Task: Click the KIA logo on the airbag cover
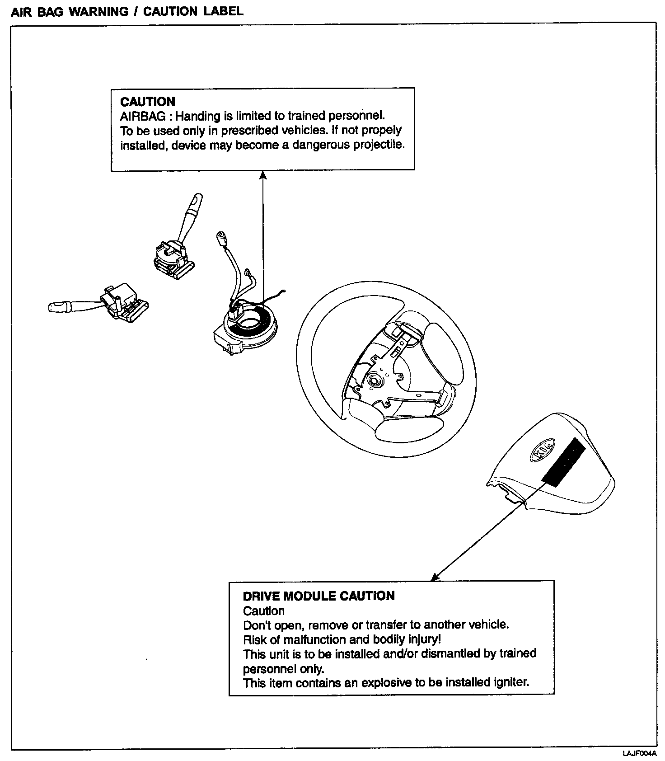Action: (x=540, y=450)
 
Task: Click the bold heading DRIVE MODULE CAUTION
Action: (x=318, y=596)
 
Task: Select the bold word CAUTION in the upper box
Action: (x=148, y=102)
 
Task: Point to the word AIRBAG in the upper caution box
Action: (x=143, y=116)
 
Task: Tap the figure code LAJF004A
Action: (x=639, y=754)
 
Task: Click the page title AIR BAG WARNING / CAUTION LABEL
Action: (x=127, y=11)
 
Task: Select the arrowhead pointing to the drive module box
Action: (x=435, y=577)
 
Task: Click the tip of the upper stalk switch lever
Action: (x=197, y=199)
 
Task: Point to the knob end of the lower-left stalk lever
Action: (x=57, y=307)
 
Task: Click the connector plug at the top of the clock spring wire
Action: (x=221, y=237)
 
